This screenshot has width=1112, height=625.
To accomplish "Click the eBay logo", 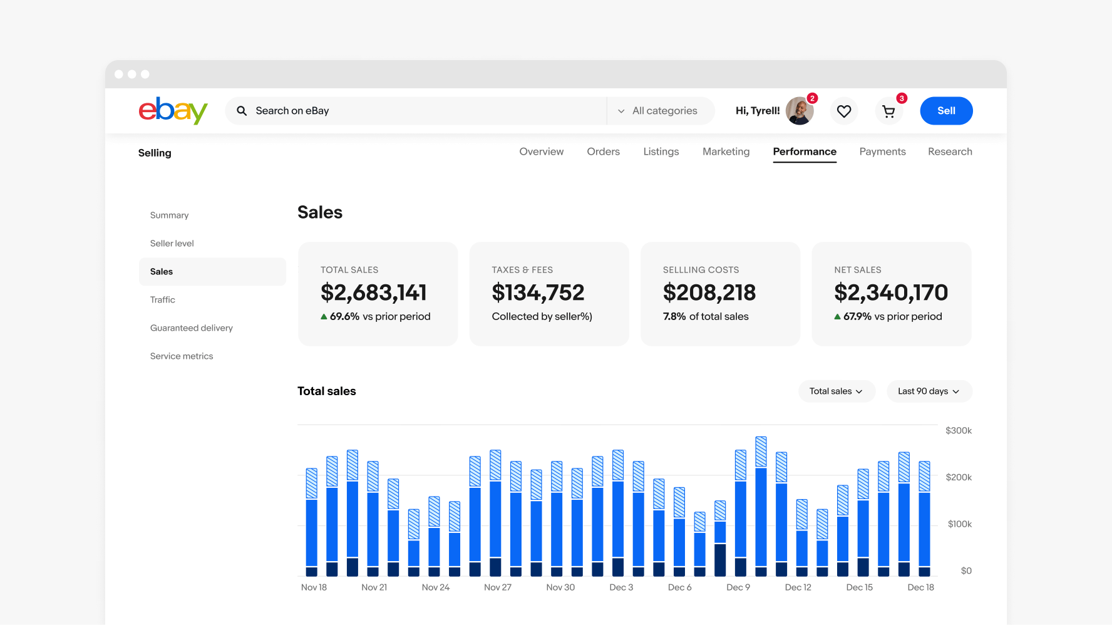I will click(x=173, y=111).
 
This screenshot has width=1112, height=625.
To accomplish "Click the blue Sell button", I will click(x=946, y=111).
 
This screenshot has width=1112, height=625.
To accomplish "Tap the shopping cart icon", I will click(x=888, y=111).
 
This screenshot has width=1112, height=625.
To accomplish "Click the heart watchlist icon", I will click(x=844, y=111).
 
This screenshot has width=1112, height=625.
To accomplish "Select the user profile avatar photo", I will click(x=800, y=111).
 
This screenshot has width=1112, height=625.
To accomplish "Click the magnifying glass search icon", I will click(x=242, y=111).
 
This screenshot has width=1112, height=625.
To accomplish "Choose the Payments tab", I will click(x=882, y=152).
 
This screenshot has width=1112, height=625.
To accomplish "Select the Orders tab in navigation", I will click(x=603, y=152).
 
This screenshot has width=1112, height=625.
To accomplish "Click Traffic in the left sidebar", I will click(x=163, y=300).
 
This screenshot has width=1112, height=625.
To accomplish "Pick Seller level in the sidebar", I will click(x=172, y=244).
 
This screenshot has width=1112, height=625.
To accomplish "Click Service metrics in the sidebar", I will click(x=182, y=356).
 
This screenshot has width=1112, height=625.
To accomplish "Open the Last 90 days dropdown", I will click(x=929, y=391).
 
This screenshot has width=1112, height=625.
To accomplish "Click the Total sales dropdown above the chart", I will click(x=837, y=391).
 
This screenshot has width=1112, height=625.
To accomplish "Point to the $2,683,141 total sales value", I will click(x=374, y=292).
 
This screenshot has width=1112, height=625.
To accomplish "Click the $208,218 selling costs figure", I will click(x=709, y=292).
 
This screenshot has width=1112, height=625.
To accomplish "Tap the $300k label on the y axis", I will click(x=959, y=431).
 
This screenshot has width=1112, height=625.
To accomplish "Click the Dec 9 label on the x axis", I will click(x=738, y=587).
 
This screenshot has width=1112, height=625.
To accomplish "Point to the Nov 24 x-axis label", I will click(x=436, y=587).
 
